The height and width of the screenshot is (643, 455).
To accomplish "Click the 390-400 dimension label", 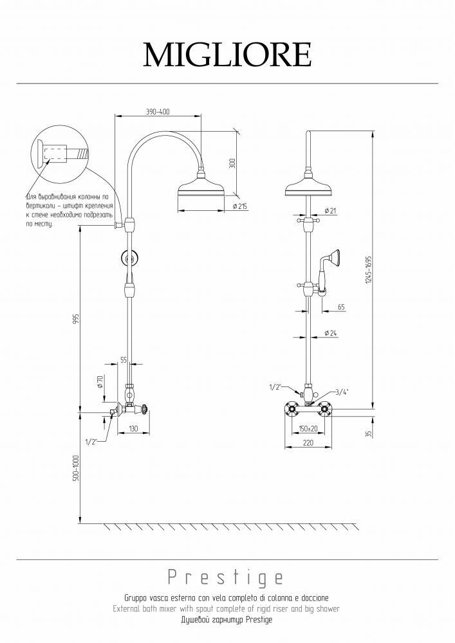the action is click(x=158, y=112).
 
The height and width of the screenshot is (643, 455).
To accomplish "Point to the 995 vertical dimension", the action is click(x=75, y=320).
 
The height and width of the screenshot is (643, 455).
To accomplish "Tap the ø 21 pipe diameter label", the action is click(x=330, y=211).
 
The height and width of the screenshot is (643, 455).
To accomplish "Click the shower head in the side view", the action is click(x=201, y=190).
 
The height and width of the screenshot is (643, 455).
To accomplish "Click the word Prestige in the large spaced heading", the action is click(x=225, y=577).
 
